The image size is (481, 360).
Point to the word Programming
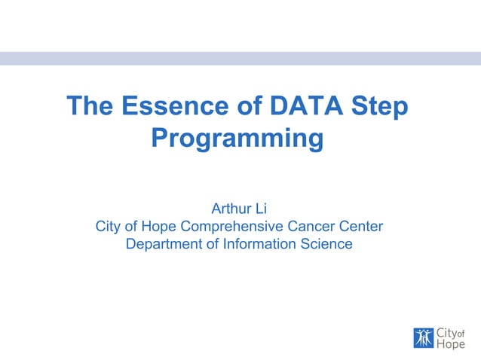coord(237,139)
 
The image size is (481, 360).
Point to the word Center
coord(362,226)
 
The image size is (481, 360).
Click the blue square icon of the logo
coord(424,338)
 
